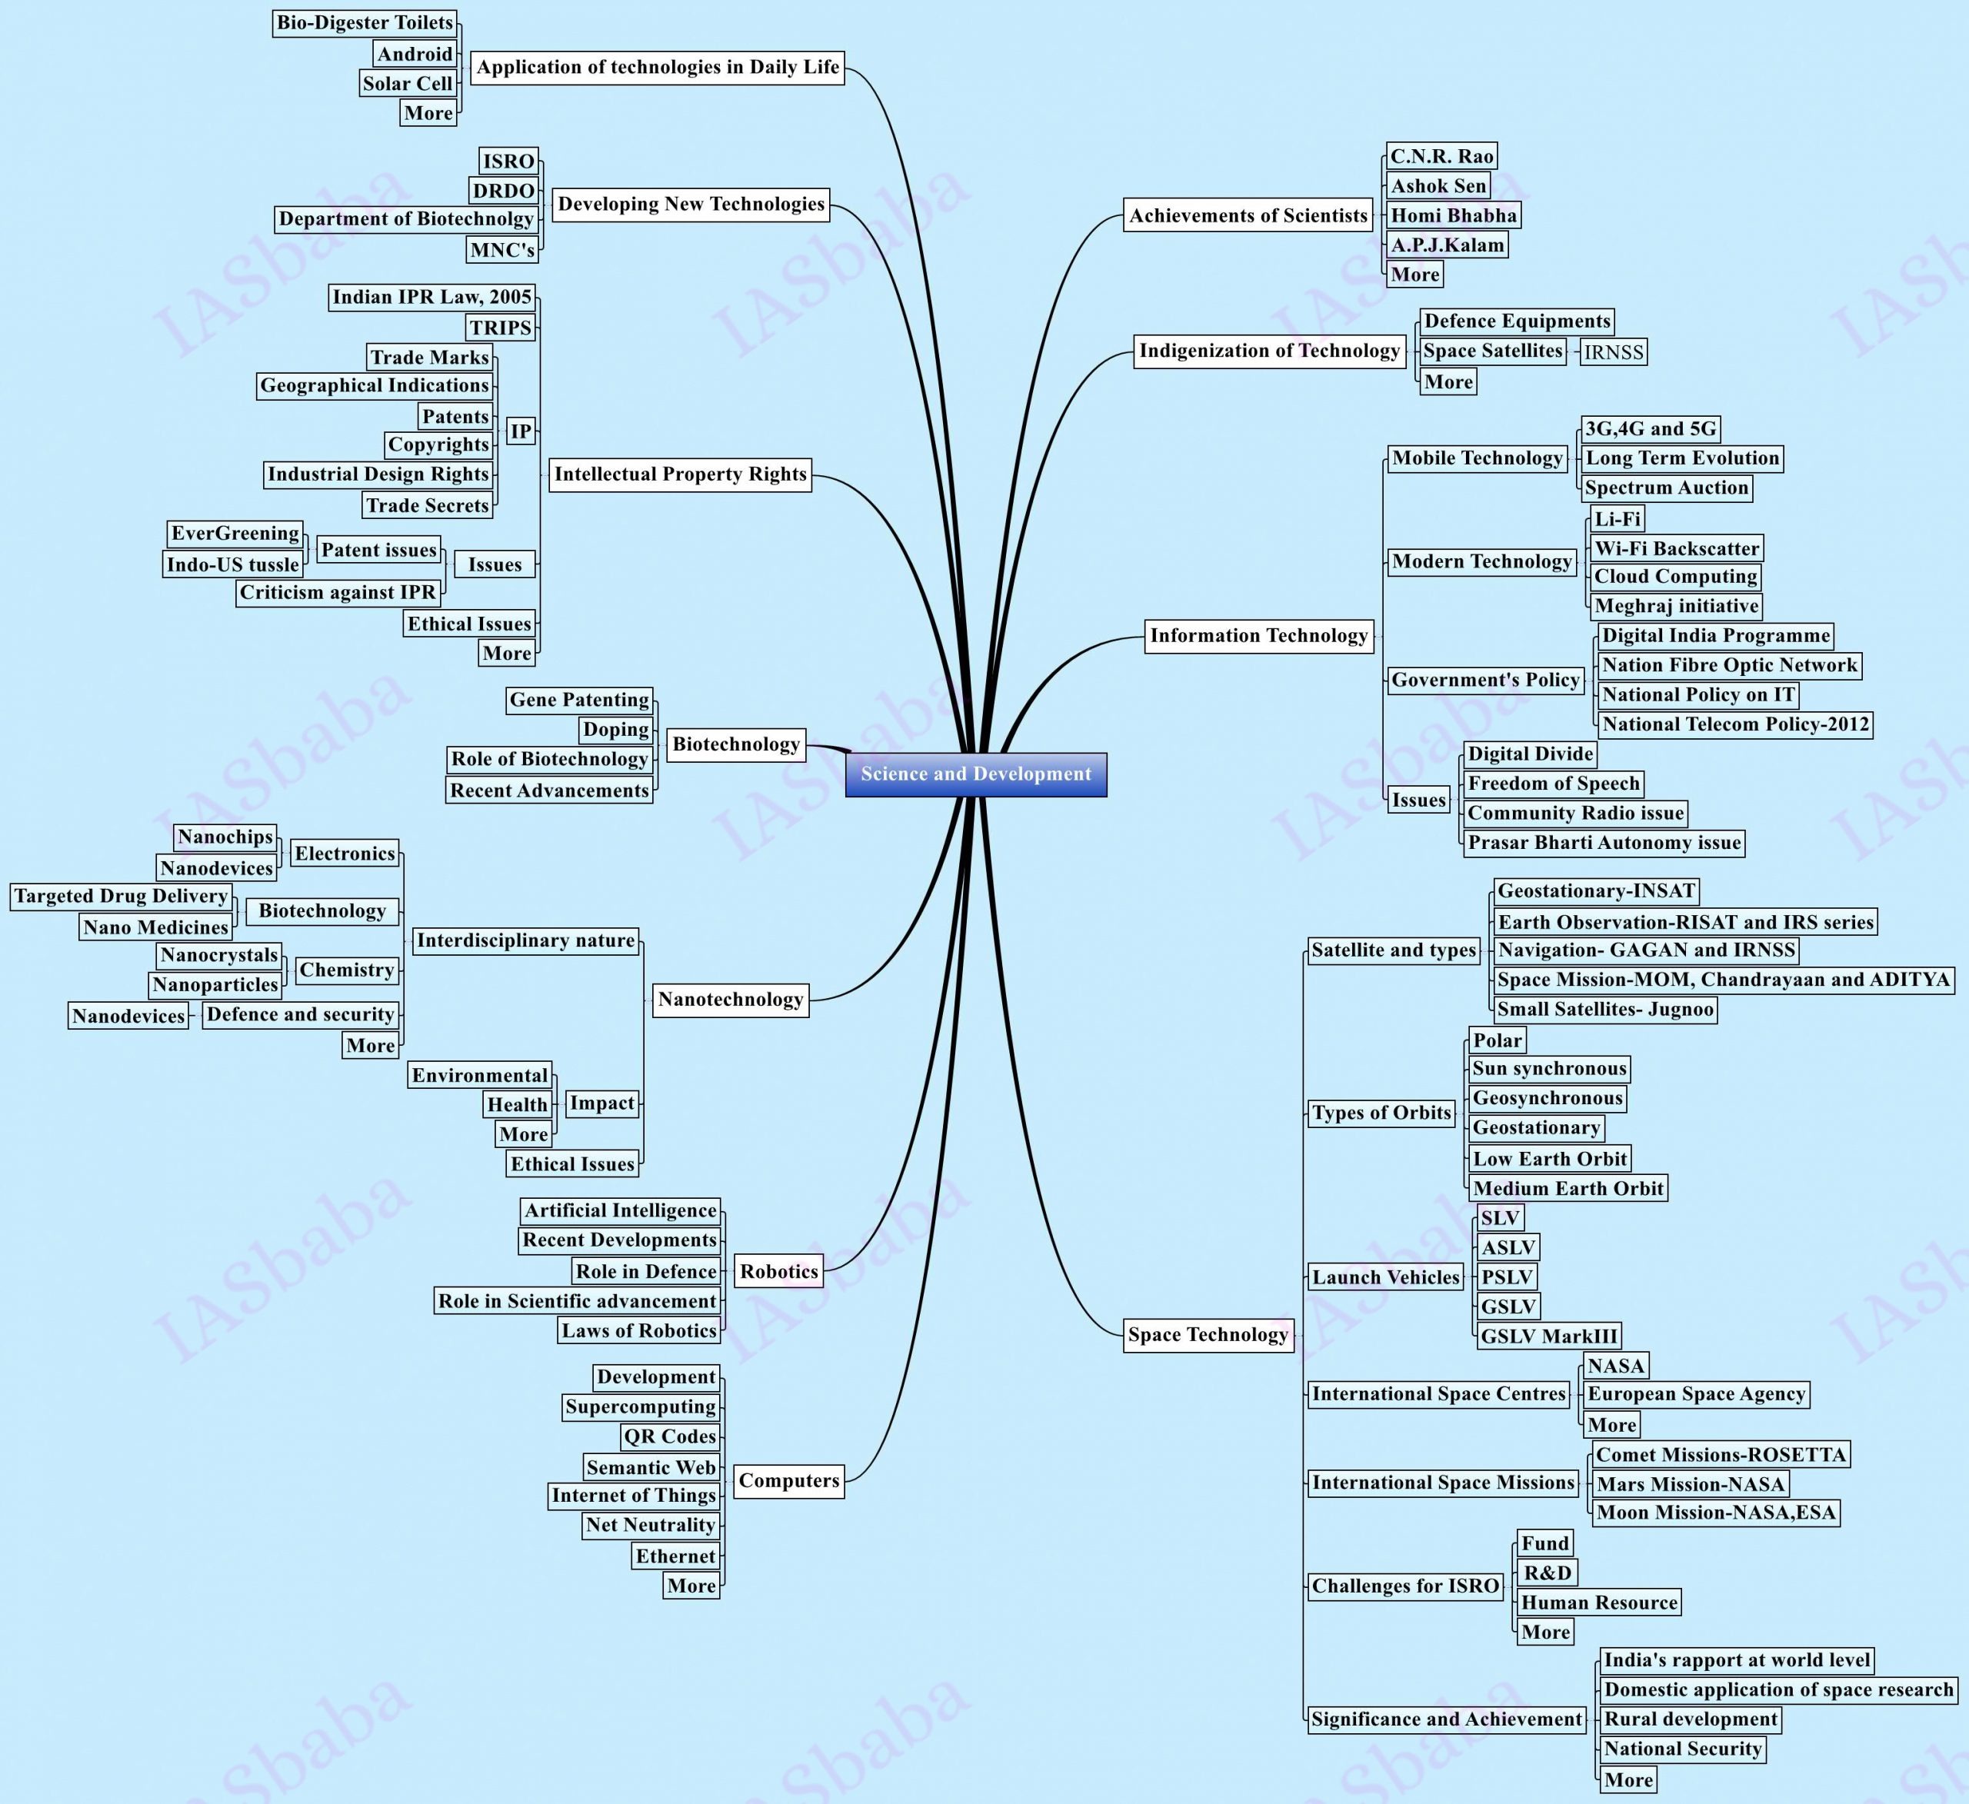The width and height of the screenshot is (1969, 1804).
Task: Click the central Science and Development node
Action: tap(976, 774)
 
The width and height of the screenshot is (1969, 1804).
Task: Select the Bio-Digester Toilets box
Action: tap(365, 23)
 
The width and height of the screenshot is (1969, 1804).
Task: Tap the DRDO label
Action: tap(504, 191)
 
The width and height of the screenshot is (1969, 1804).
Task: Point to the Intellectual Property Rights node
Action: tap(680, 474)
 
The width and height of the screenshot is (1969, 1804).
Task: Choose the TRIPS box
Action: tap(500, 328)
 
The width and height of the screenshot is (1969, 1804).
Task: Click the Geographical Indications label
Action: tap(374, 386)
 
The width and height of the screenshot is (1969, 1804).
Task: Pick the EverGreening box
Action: tap(235, 534)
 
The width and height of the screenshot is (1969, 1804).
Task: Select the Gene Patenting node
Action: tap(579, 701)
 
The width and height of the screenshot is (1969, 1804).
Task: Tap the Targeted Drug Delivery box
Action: tap(121, 897)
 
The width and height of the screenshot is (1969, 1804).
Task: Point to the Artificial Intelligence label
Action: tap(620, 1211)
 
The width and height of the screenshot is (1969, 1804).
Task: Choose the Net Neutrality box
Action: tap(651, 1526)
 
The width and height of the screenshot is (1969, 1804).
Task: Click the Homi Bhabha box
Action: tap(1454, 216)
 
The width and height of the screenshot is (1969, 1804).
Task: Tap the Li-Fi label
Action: tap(1618, 518)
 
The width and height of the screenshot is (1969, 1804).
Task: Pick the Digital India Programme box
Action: tap(1716, 636)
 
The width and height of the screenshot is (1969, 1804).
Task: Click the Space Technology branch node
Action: tap(1208, 1335)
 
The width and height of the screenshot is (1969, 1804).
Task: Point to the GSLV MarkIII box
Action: tap(1549, 1336)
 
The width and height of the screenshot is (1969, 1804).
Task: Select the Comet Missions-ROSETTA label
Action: tap(1721, 1454)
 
